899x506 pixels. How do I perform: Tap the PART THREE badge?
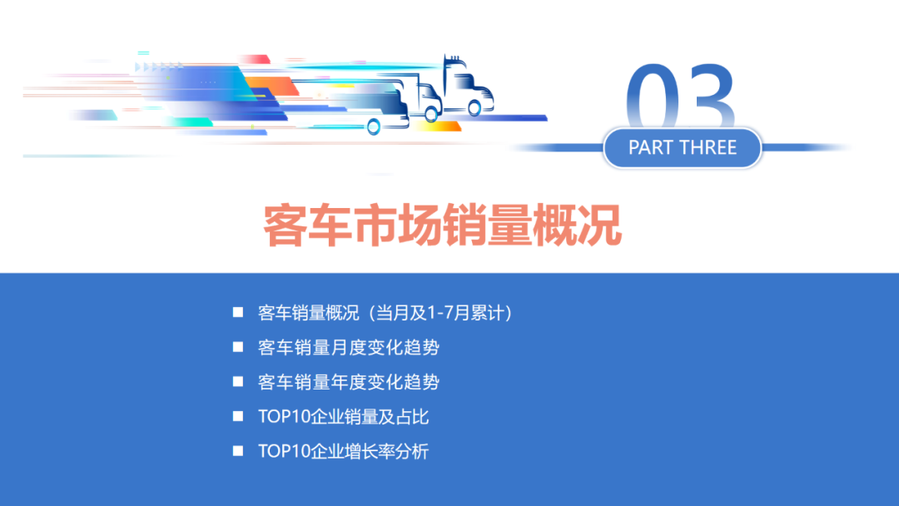683,148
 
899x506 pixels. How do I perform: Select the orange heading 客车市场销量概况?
443,224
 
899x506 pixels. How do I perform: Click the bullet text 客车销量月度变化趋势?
349,347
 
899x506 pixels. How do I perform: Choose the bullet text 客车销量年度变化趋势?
349,382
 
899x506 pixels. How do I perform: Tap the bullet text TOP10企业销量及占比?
344,417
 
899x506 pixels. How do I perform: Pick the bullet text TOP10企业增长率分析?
344,452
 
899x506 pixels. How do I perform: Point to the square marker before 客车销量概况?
238,312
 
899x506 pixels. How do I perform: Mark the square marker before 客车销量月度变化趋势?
238,347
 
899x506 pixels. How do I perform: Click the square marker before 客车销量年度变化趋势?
238,382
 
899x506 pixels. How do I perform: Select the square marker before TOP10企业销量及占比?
238,417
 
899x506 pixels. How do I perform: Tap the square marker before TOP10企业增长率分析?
238,452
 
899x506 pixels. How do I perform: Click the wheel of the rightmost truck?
474,107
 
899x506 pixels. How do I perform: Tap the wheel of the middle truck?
430,114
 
